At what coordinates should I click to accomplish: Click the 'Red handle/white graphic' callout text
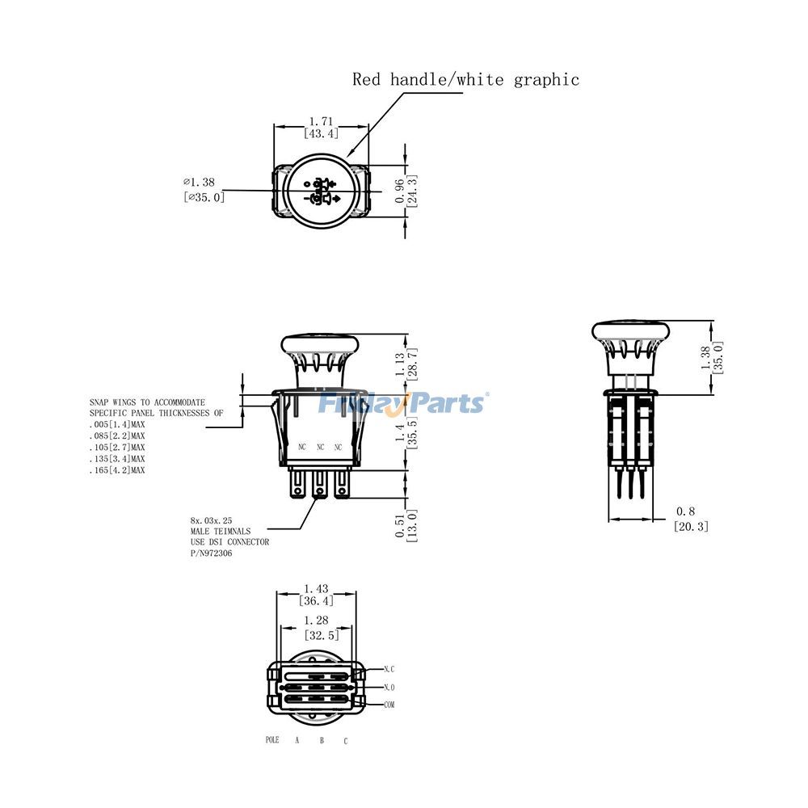465,79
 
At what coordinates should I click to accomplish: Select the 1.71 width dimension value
322,121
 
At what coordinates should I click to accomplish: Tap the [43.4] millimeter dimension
322,133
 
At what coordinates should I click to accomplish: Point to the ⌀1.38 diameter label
202,183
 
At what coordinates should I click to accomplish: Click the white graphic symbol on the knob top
322,191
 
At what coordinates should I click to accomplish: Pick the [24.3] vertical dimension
412,191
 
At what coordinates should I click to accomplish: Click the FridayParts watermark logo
402,402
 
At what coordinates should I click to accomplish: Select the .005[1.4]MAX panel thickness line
116,424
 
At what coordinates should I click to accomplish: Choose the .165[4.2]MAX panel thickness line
116,469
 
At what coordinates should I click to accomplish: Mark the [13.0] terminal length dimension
412,524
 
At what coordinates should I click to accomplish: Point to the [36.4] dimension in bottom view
317,601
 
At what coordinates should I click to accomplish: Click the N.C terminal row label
389,669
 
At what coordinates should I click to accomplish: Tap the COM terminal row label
389,705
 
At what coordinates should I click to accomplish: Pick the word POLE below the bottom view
271,740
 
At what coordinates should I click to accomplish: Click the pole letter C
346,741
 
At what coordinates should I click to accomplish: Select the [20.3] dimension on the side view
691,526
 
